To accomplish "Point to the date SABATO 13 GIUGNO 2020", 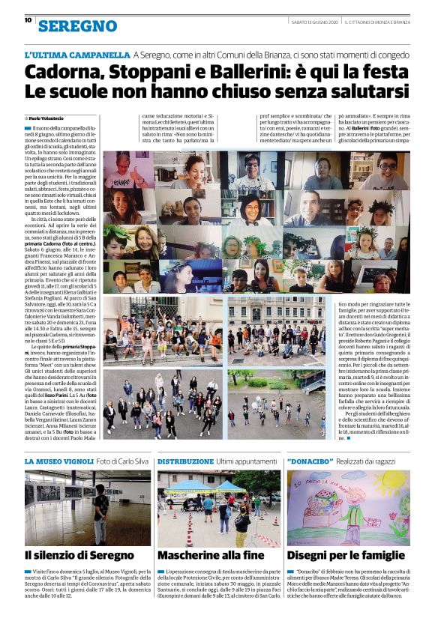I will click(313, 20).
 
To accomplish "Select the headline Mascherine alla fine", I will click(212, 555).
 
